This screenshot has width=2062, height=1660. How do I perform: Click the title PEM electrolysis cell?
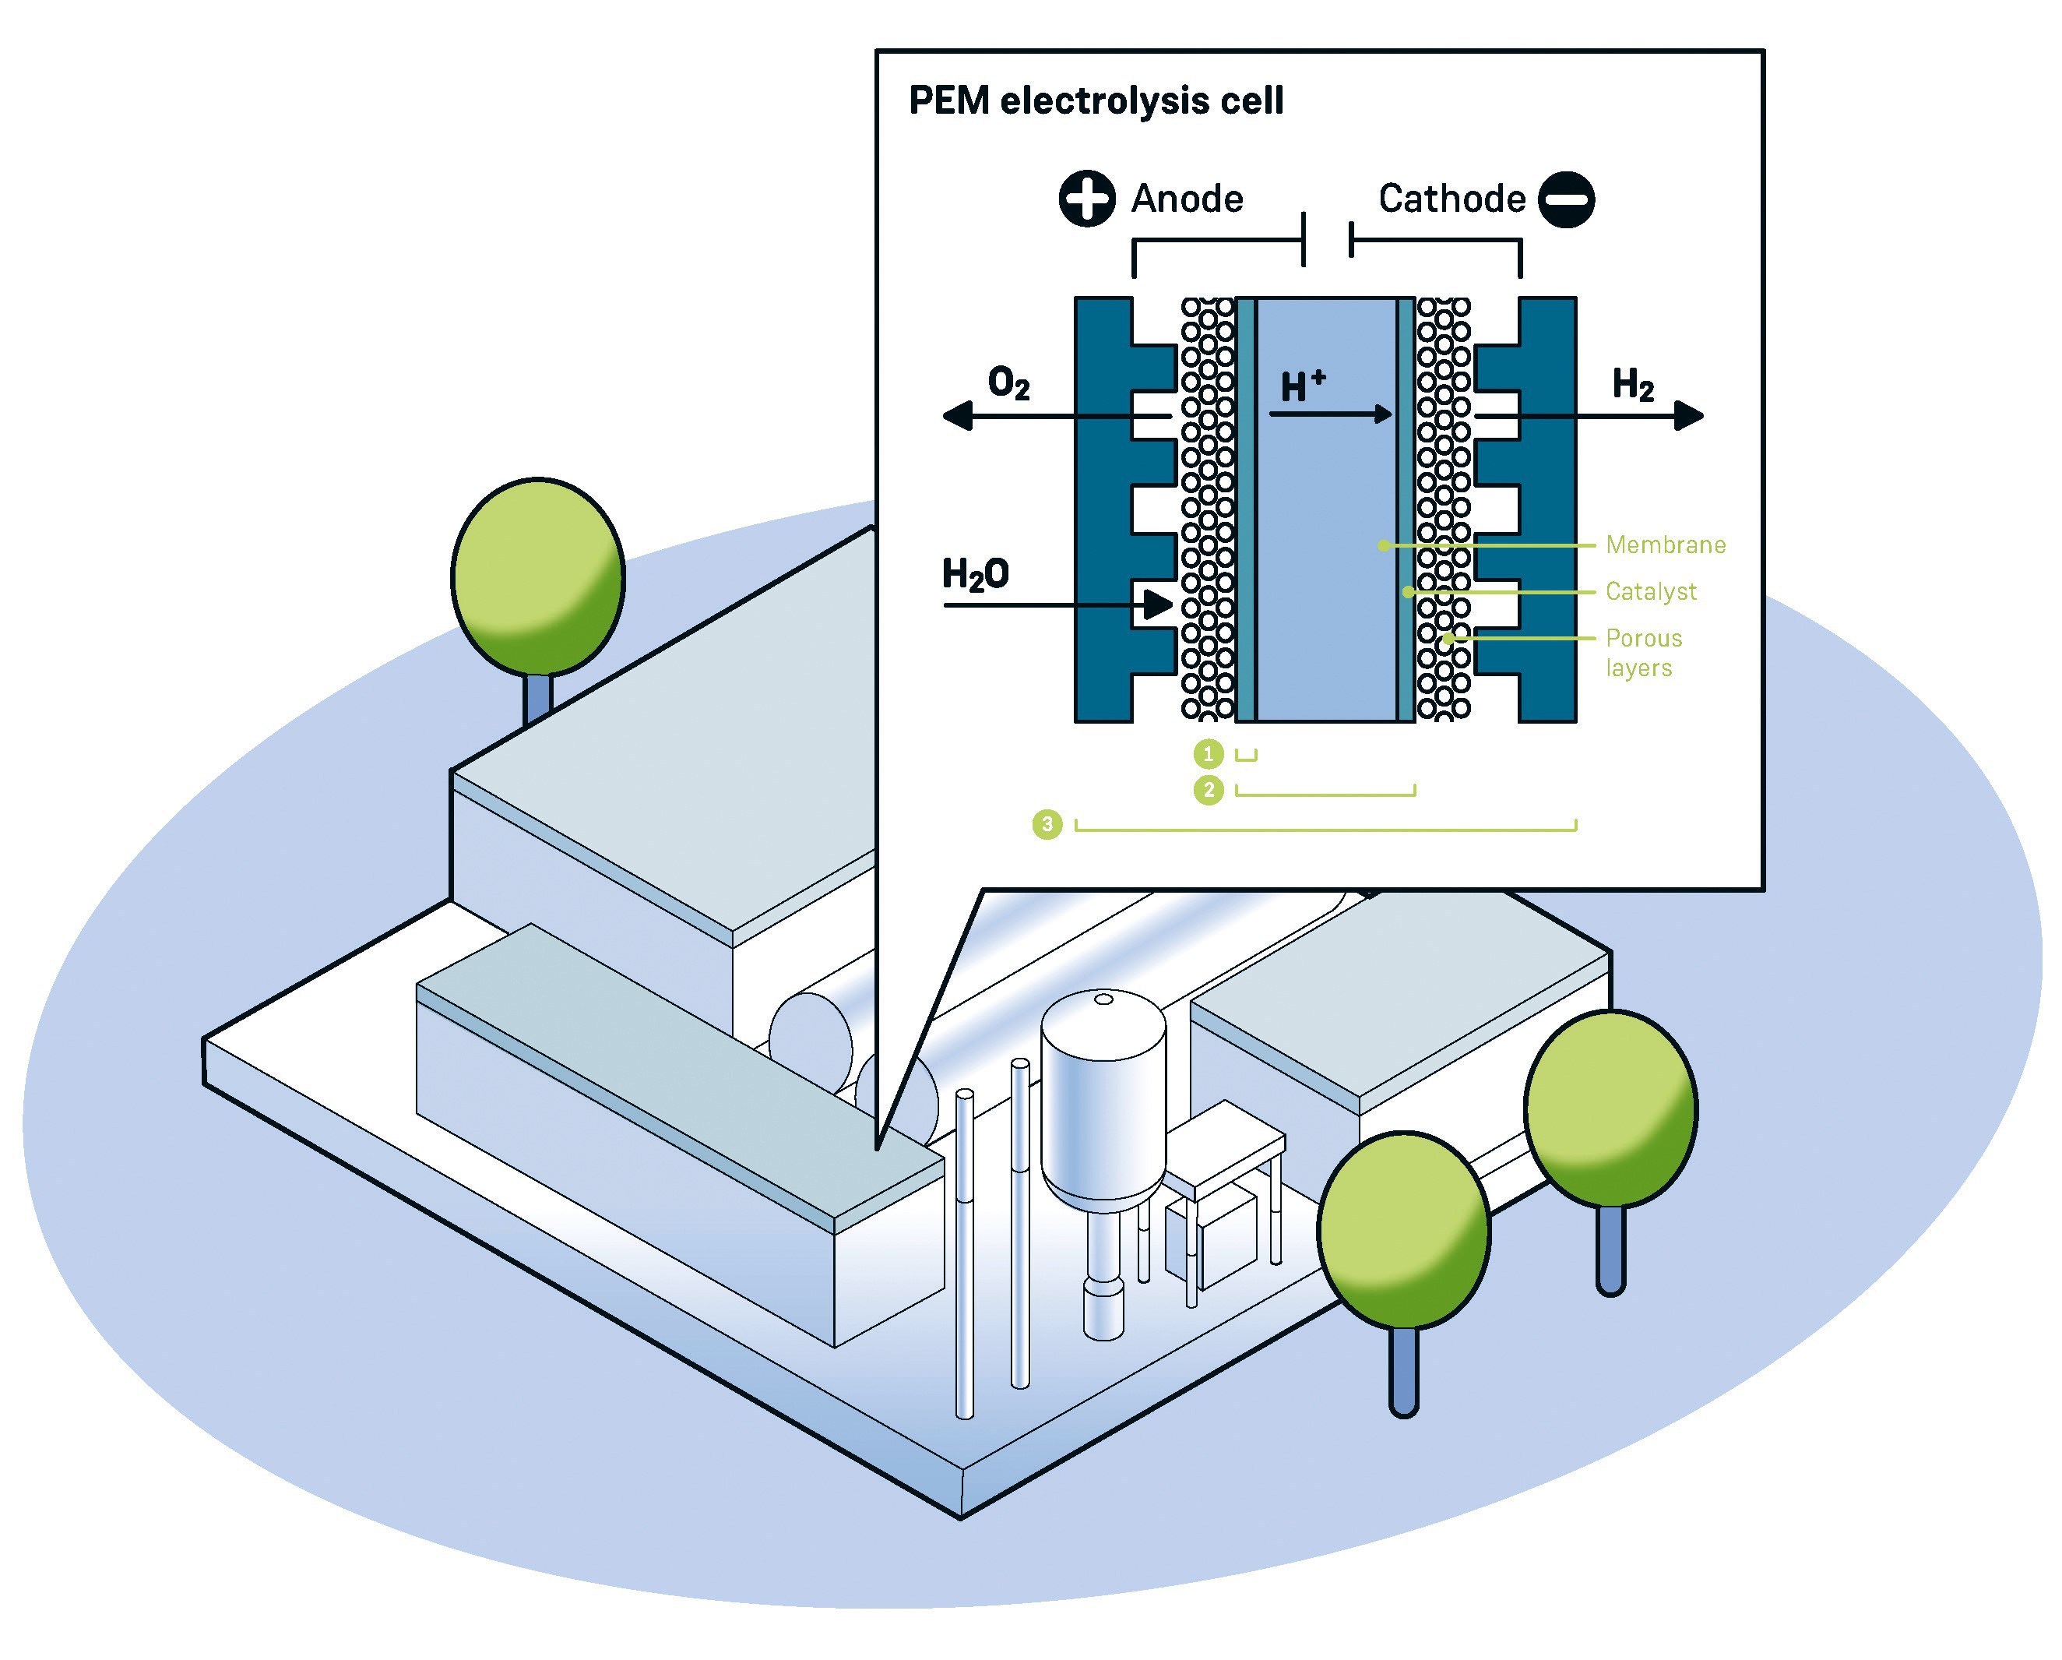[1096, 100]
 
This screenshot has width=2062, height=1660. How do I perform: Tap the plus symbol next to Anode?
[1087, 199]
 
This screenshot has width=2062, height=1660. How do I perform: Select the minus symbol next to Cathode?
[1567, 199]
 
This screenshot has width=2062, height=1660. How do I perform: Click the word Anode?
[1188, 199]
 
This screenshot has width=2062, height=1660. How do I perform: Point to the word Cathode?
[1451, 199]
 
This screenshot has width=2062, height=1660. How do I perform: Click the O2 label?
[1009, 384]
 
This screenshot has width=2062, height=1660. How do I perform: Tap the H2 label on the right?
[1634, 385]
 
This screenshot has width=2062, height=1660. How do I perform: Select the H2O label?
[976, 574]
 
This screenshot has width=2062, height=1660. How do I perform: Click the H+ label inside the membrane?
[1303, 386]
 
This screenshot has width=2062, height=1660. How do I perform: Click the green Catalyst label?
[1652, 591]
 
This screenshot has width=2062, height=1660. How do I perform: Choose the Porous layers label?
[1644, 653]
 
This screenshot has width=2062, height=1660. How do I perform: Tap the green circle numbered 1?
[1209, 755]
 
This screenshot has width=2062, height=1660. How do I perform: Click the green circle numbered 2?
[1209, 791]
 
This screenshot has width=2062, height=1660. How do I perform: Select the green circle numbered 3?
[1048, 825]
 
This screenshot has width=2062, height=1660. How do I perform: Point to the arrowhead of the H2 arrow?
[1689, 415]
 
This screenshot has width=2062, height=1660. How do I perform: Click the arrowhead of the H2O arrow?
[1158, 604]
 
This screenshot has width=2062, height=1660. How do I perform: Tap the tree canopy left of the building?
[537, 577]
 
